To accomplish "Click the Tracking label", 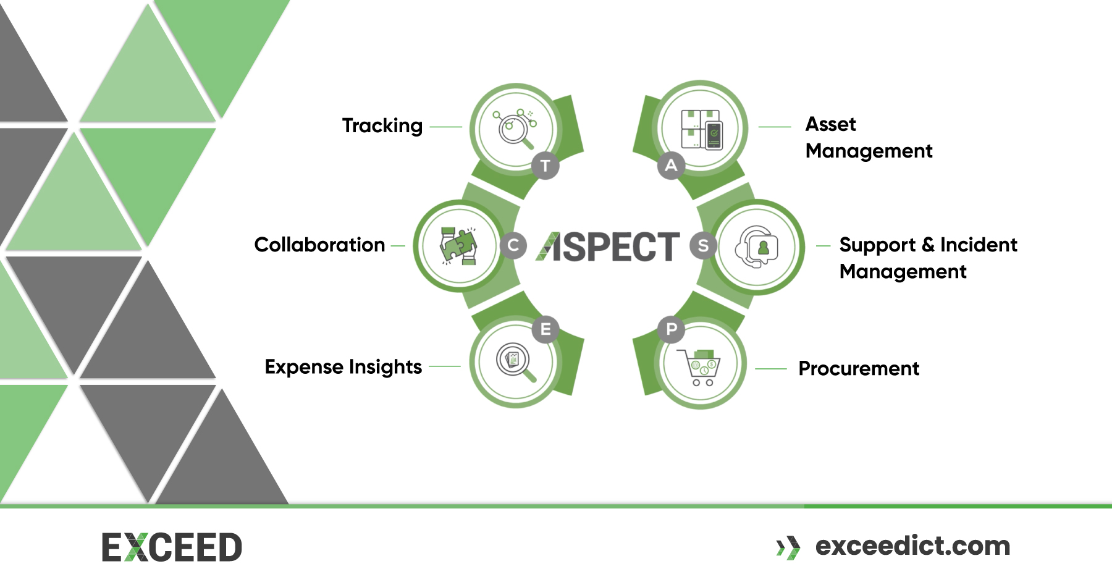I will (x=382, y=125).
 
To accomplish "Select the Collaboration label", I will (x=319, y=245).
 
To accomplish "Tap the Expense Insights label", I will (x=343, y=366).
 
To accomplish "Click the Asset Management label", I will (x=869, y=137).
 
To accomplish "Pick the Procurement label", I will (x=859, y=368).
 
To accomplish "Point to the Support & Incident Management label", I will (x=928, y=258).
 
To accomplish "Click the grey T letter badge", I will (x=545, y=166).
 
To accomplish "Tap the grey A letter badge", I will (x=671, y=165).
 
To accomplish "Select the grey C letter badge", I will (x=513, y=245).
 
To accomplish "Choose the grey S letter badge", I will (x=703, y=245).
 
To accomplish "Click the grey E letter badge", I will (x=545, y=329).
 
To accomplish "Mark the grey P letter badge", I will (x=672, y=329).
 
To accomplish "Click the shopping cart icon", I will (x=701, y=367).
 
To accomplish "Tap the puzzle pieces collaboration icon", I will (x=458, y=245).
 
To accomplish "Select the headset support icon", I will (x=757, y=246).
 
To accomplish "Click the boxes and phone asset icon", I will (x=701, y=129).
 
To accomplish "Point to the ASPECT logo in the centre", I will (x=608, y=247).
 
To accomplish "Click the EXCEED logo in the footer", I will (x=172, y=547).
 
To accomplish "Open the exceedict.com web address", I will (x=912, y=546).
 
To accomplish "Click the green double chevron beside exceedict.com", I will (x=788, y=547).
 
